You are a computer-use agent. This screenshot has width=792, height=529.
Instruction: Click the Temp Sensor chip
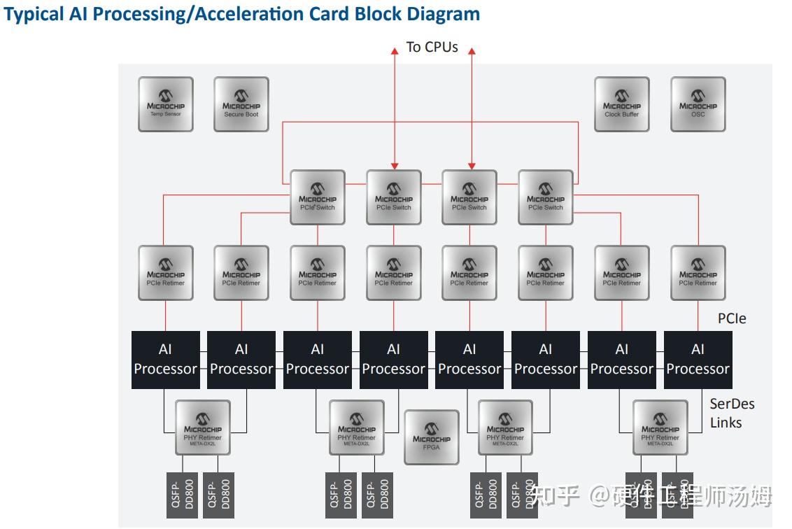(165, 104)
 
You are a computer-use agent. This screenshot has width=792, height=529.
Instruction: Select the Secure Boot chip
(241, 104)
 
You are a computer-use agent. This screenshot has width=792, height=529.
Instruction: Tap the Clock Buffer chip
(621, 104)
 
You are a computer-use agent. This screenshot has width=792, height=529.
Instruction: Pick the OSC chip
(698, 104)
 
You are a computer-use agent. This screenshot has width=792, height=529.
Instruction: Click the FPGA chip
(432, 437)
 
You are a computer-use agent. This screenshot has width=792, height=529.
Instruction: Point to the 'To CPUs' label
(432, 48)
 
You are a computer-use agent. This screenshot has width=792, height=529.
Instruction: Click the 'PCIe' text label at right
(731, 318)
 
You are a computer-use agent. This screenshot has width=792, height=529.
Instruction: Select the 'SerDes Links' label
(732, 413)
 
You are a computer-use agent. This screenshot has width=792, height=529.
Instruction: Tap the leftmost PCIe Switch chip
(317, 197)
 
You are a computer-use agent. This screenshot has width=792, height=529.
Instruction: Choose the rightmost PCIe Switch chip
(545, 197)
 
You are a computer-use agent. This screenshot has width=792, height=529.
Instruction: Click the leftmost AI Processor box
(165, 360)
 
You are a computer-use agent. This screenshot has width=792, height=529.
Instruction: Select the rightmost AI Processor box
(698, 360)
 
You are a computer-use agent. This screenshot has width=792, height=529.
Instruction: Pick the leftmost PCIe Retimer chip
(165, 273)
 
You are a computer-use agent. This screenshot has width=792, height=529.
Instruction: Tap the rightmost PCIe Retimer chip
(698, 273)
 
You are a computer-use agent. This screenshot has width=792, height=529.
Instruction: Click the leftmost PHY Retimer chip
(202, 427)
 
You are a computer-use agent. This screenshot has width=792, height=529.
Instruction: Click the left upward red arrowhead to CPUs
(394, 51)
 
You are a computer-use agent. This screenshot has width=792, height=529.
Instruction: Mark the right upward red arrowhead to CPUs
(471, 51)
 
